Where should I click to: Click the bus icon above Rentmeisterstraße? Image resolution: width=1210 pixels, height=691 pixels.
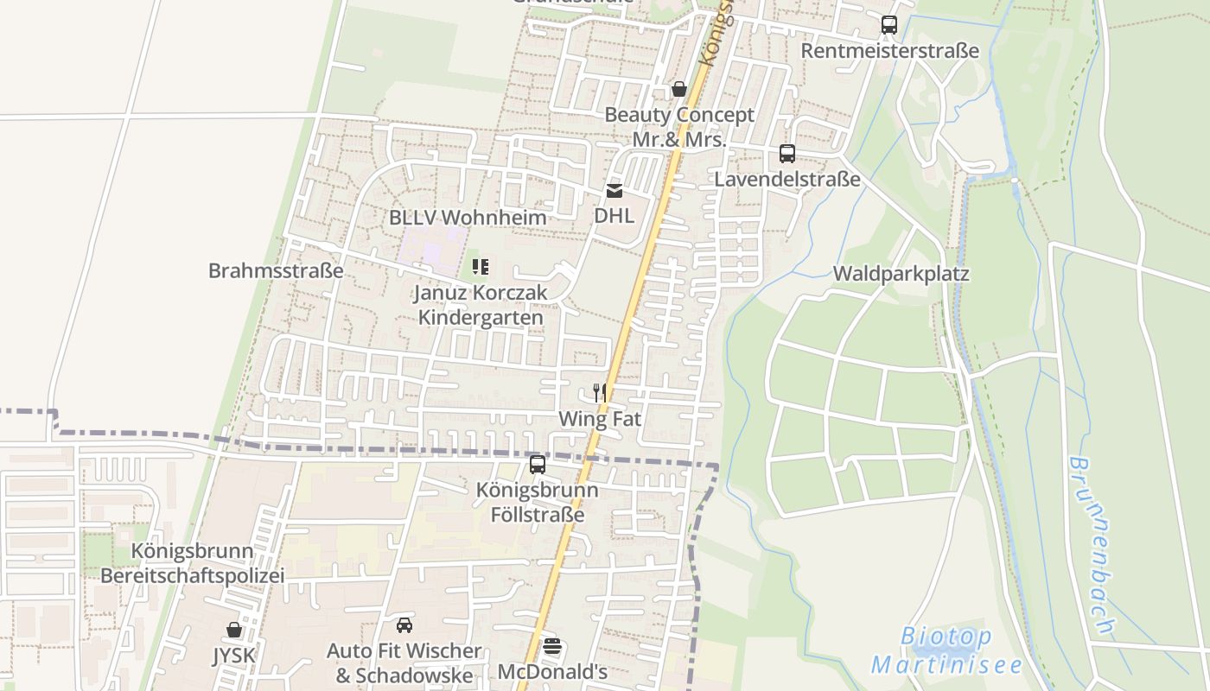pos(888,25)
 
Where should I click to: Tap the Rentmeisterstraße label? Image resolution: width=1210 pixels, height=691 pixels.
pos(889,51)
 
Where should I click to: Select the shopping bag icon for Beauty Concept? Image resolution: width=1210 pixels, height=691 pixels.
pos(679,89)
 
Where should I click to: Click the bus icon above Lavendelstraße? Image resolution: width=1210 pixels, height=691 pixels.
pos(786,154)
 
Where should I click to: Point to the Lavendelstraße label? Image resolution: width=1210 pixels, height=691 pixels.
pos(786,179)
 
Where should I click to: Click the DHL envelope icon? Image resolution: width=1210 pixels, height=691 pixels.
pos(614,191)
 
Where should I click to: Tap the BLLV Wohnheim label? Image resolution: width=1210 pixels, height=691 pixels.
pos(468,218)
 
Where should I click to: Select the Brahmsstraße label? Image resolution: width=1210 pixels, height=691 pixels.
pos(276,270)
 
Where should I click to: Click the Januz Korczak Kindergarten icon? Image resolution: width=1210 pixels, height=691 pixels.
pos(481,267)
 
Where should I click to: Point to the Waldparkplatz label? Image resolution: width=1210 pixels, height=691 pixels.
pos(901,274)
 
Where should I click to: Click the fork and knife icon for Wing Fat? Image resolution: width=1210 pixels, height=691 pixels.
pos(599,393)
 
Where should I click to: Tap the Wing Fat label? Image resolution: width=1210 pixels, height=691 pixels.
pos(600,419)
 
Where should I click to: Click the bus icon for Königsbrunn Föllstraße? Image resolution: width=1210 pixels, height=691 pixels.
pos(538,465)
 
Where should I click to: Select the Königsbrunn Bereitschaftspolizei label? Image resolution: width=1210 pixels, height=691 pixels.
pos(192,562)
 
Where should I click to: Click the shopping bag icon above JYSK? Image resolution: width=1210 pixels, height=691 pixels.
pos(234,630)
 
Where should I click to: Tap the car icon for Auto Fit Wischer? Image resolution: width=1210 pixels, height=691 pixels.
pos(404,624)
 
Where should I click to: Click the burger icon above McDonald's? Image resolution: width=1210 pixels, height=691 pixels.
pos(552,646)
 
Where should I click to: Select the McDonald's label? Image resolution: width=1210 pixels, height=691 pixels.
pos(552,671)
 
